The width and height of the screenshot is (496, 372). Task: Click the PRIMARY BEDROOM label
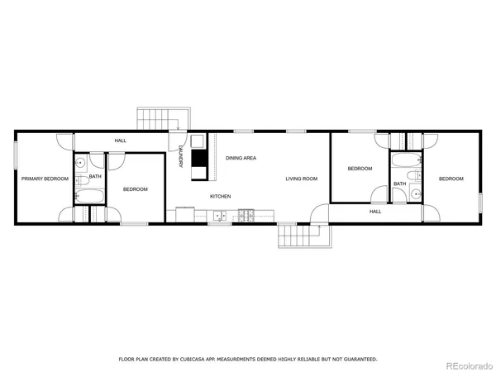click(x=45, y=179)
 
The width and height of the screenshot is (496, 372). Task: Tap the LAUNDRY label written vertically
click(x=180, y=157)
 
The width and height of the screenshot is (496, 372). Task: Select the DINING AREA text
click(x=241, y=157)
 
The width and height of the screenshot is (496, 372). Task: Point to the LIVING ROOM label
click(x=302, y=179)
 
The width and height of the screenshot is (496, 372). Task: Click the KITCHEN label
click(x=220, y=196)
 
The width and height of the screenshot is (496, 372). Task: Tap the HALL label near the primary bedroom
click(x=121, y=141)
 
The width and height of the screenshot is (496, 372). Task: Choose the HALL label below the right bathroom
click(x=375, y=212)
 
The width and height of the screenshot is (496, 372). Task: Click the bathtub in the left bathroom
click(x=88, y=196)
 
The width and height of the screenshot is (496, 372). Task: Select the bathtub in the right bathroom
click(x=407, y=159)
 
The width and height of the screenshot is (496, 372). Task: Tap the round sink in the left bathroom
click(x=79, y=164)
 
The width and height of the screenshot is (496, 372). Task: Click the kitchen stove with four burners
click(x=246, y=216)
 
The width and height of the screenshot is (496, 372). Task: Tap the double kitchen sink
click(x=220, y=216)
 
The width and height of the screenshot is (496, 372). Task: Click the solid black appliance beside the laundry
click(x=199, y=157)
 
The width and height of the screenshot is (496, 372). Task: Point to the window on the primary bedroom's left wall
click(x=16, y=156)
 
